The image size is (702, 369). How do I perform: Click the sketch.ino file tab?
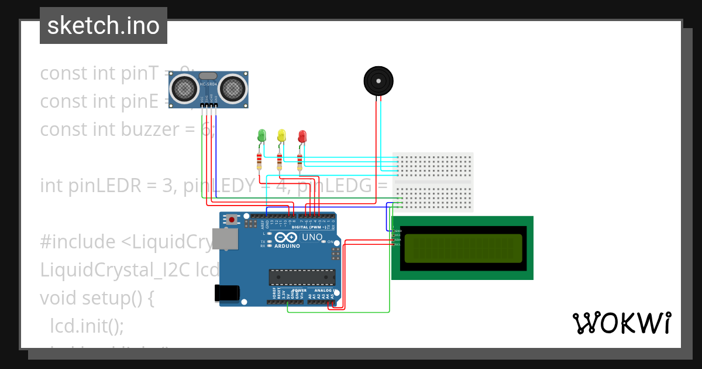(x=104, y=26)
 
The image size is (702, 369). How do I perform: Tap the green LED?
(x=261, y=136)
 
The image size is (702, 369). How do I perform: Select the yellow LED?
(x=282, y=136)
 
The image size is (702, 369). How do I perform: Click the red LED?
(x=302, y=136)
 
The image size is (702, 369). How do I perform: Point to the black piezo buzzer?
(x=378, y=80)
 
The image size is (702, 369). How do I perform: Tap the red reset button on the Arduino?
(x=232, y=220)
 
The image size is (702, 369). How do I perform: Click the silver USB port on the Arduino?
(x=225, y=239)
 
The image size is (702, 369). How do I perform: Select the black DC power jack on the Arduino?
(x=227, y=292)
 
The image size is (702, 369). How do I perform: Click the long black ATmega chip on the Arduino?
(x=302, y=277)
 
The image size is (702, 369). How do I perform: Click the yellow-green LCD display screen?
(x=463, y=248)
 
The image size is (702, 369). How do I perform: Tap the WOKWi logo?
(x=621, y=323)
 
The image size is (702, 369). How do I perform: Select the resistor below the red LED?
(x=300, y=160)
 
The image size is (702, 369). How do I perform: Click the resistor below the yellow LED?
(x=280, y=160)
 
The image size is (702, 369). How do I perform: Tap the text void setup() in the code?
(x=97, y=298)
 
